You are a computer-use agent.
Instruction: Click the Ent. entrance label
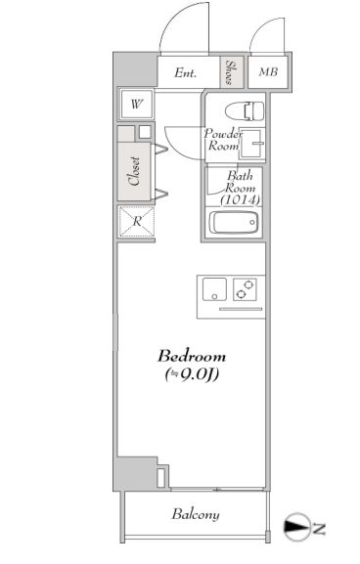click(186, 73)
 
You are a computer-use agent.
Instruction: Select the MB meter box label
click(269, 72)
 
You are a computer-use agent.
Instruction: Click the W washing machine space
click(137, 105)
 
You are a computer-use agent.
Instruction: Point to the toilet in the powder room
click(245, 111)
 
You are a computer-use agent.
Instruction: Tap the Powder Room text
click(223, 140)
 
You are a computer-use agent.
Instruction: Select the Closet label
click(134, 171)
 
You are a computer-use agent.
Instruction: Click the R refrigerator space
click(137, 222)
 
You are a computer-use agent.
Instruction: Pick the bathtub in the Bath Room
click(234, 222)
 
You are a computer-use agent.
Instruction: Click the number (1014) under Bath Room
click(240, 199)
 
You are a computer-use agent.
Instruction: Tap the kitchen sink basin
click(214, 288)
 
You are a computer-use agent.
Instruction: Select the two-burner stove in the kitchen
click(245, 289)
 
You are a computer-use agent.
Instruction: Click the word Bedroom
click(192, 356)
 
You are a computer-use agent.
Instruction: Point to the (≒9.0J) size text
click(193, 374)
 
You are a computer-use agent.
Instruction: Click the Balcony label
click(196, 515)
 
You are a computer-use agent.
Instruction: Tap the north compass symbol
click(297, 527)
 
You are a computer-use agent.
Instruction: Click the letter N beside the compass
click(319, 529)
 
